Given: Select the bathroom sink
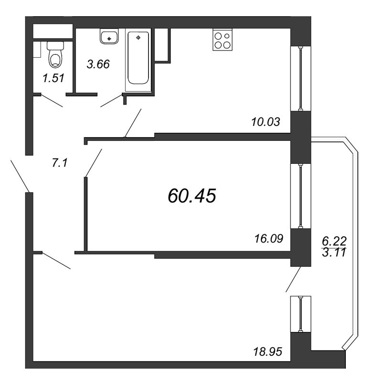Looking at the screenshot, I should click(x=109, y=36).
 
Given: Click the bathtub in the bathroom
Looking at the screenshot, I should click(x=138, y=60).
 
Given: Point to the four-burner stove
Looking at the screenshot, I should click(x=222, y=40).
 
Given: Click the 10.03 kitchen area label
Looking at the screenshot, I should click(x=265, y=122).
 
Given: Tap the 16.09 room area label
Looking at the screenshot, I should click(x=267, y=237).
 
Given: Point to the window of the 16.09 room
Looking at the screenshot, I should click(x=300, y=196).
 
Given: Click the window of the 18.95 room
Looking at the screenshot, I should click(x=300, y=314).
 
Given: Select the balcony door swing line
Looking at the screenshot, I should click(x=293, y=279).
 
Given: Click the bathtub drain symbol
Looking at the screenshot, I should click(x=138, y=37).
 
